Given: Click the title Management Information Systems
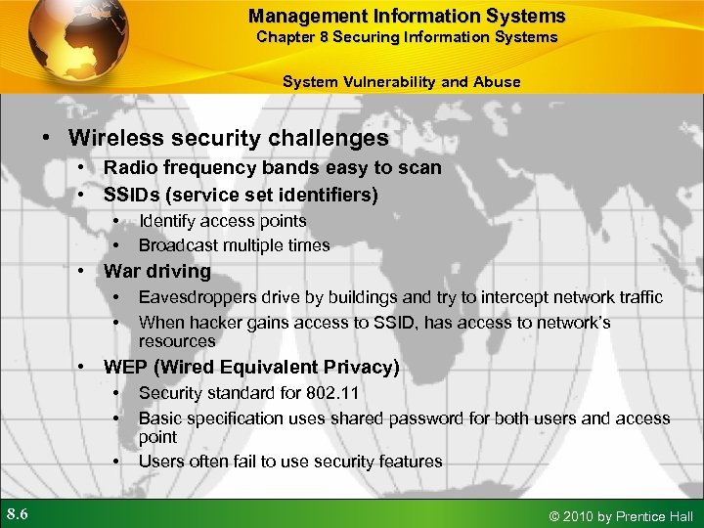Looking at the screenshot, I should [407, 16].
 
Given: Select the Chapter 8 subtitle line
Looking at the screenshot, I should [407, 37].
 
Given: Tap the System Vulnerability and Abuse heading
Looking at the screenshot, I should [401, 82].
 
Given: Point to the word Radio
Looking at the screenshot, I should [130, 168].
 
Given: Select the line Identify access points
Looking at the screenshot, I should [222, 222].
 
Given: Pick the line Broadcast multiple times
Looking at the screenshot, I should [234, 245].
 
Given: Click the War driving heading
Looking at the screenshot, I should [157, 271].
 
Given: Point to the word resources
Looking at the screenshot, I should [176, 341].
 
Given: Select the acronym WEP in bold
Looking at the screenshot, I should [125, 368].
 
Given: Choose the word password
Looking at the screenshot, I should [421, 418].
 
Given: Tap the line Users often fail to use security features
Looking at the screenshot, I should [290, 462].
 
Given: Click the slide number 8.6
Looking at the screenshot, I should [19, 514].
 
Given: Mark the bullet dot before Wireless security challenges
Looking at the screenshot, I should [45, 140].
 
